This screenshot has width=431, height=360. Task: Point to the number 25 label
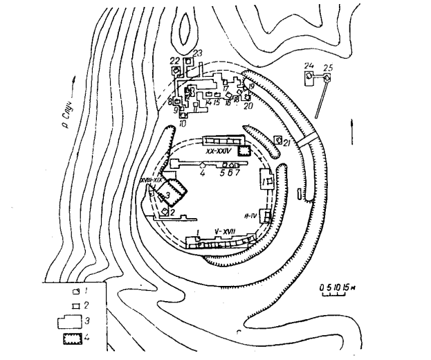tap(329, 67)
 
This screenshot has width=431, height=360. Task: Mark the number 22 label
tap(175, 60)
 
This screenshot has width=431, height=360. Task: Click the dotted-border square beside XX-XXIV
tap(244, 150)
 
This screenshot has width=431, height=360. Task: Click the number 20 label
tap(248, 105)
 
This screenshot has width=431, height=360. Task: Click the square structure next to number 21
tap(278, 140)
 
